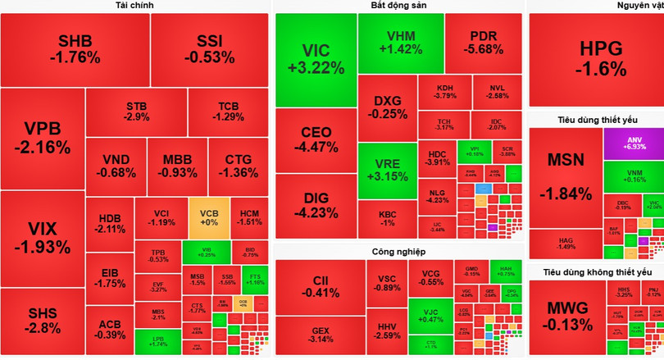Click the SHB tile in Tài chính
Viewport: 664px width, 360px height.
pyautogui.click(x=75, y=49)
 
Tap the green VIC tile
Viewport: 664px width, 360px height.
pyautogui.click(x=316, y=60)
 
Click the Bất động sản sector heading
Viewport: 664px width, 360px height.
pyautogui.click(x=398, y=6)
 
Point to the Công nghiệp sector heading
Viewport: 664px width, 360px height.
pyautogui.click(x=398, y=253)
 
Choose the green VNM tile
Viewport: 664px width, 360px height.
pyautogui.click(x=633, y=175)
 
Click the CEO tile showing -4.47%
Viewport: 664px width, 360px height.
pyautogui.click(x=316, y=139)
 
